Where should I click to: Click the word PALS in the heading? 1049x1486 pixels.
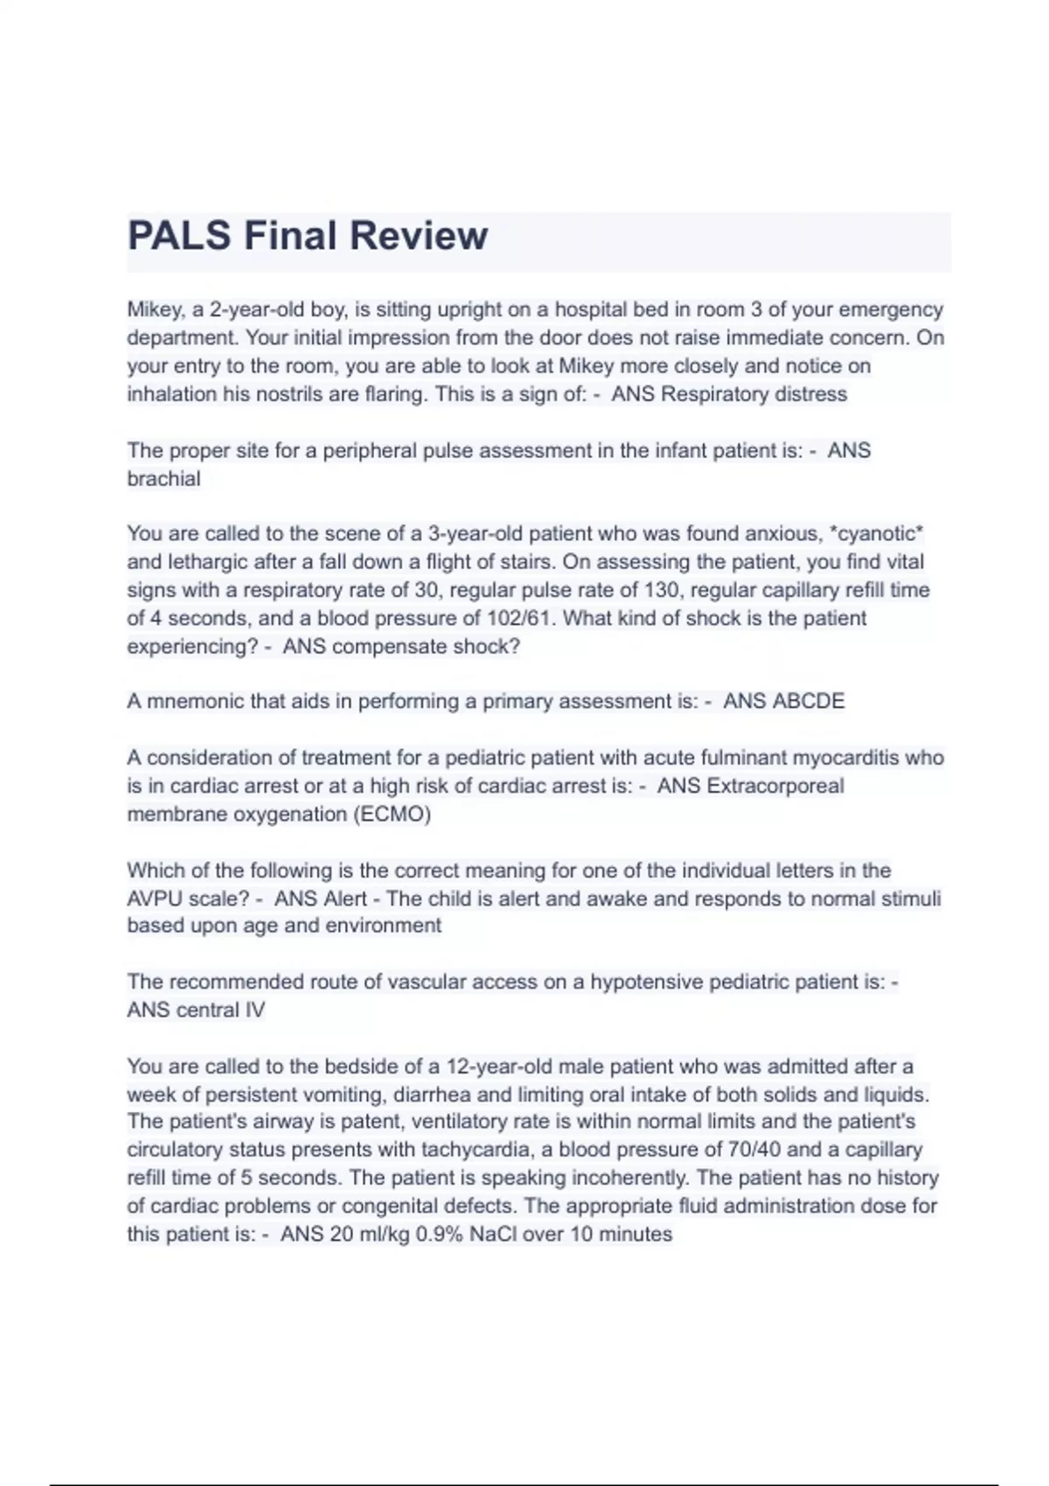(179, 236)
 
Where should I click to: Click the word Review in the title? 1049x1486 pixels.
(419, 236)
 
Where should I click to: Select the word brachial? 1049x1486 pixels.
(163, 479)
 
